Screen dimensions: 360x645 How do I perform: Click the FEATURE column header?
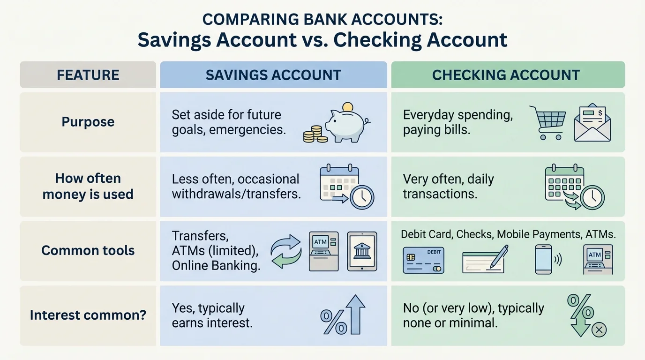coord(88,75)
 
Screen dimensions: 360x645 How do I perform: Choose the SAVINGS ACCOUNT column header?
coord(273,75)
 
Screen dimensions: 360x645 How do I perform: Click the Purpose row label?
coord(88,122)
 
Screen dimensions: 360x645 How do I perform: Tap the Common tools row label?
coord(88,250)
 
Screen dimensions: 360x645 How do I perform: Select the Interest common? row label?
coord(88,315)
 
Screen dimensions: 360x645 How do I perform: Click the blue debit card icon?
coord(423,260)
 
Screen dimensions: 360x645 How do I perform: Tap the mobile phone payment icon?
coord(544,259)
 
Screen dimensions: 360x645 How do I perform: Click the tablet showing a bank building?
coord(361,251)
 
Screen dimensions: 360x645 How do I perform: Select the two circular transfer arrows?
coord(286,251)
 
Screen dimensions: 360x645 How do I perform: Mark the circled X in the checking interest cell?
coord(599,330)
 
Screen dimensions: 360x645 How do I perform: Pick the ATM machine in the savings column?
coord(323,251)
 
